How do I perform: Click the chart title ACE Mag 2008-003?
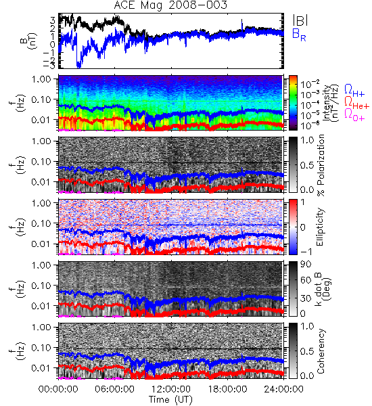click(170, 5)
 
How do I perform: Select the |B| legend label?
click(300, 20)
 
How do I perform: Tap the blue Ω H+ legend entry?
click(354, 91)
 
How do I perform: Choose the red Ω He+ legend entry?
click(356, 103)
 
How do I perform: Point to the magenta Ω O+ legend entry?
click(354, 115)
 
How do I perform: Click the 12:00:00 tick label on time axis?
click(171, 390)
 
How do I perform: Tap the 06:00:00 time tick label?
click(114, 390)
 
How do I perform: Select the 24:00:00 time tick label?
click(283, 390)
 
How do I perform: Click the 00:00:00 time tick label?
click(58, 390)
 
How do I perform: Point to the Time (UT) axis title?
click(170, 400)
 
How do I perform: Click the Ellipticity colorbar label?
click(320, 227)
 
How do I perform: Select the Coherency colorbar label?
click(321, 351)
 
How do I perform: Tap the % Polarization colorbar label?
click(321, 165)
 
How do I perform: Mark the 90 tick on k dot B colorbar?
click(306, 265)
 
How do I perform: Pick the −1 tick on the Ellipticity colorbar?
click(306, 252)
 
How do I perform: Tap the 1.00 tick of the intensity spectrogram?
click(42, 79)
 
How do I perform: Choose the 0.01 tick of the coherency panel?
click(42, 367)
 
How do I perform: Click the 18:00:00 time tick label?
click(227, 390)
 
